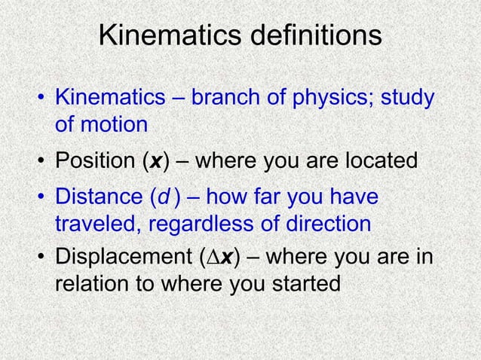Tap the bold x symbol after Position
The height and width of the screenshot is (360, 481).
pos(156,162)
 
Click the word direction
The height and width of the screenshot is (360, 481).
pos(326,224)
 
